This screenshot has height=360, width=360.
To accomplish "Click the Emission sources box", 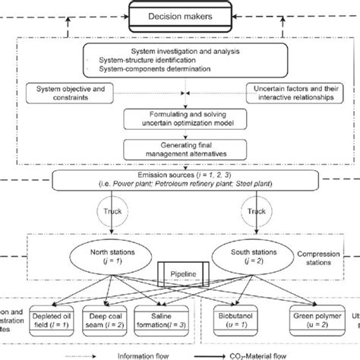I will (x=179, y=182).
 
